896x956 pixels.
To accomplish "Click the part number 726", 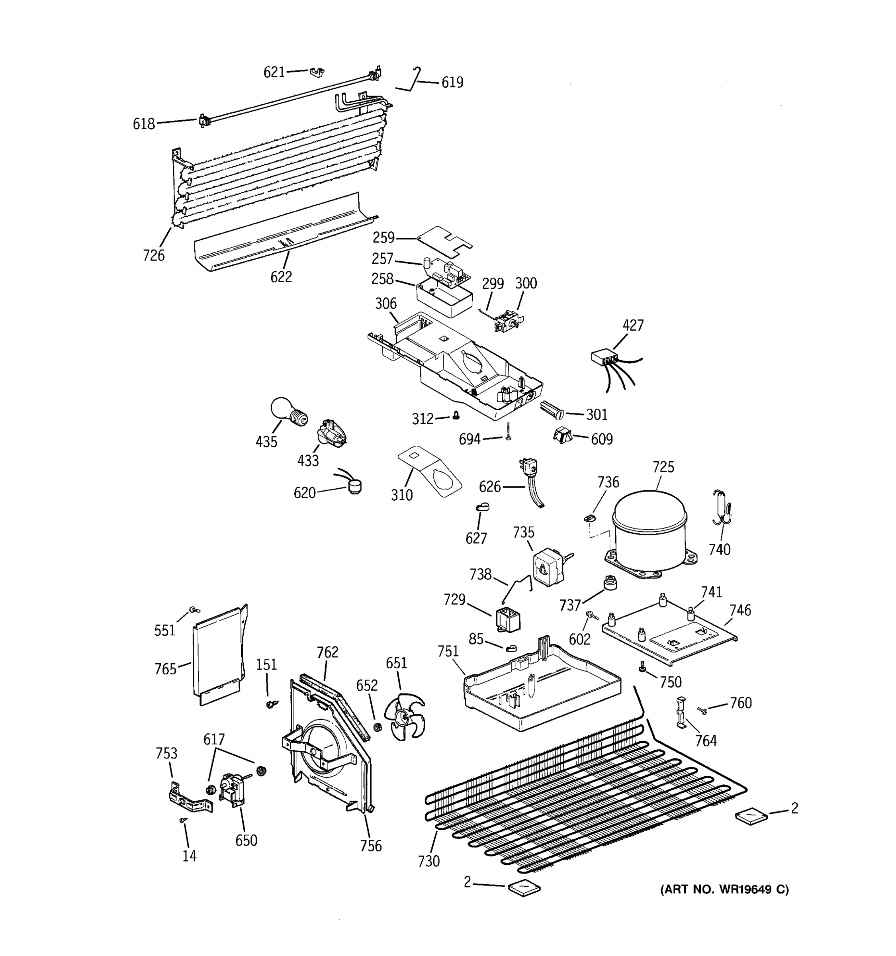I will tap(153, 255).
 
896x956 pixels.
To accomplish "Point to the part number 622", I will tap(281, 277).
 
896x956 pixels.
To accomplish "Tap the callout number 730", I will tap(428, 861).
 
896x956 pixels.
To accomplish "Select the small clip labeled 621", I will tap(316, 72).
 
